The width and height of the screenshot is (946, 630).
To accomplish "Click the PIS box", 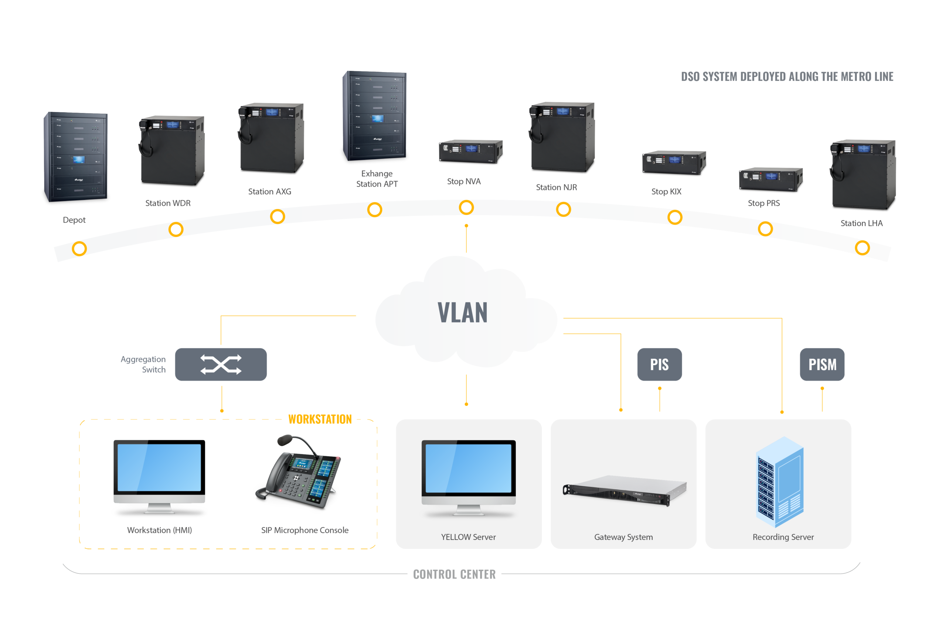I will click(x=659, y=364).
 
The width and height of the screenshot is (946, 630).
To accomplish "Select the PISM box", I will click(x=822, y=364).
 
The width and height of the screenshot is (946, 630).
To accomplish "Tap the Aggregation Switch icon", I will click(x=221, y=364).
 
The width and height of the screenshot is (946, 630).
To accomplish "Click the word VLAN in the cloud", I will click(x=462, y=313).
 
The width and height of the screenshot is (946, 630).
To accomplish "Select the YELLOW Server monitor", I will click(x=468, y=474).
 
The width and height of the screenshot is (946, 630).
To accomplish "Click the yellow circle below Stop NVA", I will click(x=466, y=208).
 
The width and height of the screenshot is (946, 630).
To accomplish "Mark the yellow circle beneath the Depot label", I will click(x=79, y=249).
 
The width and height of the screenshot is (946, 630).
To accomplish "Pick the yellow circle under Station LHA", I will click(x=862, y=248).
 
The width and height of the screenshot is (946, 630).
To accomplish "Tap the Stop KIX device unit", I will click(x=674, y=163).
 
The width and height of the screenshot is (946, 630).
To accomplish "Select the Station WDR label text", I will click(x=168, y=203).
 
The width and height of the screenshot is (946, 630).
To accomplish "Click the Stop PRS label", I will click(x=763, y=203).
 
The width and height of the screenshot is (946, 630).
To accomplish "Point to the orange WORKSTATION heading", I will click(x=320, y=419).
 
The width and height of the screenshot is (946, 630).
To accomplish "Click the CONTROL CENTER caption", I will click(x=454, y=575).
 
